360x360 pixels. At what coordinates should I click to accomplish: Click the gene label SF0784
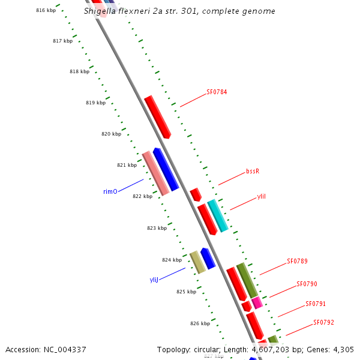(x=217, y=92)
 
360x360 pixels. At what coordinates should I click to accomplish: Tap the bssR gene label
(x=253, y=171)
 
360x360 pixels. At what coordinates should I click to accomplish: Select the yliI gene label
(x=261, y=196)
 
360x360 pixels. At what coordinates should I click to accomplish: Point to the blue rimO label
(x=110, y=192)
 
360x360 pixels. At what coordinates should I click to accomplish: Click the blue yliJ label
(x=154, y=280)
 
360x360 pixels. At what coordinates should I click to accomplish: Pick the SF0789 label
(x=297, y=261)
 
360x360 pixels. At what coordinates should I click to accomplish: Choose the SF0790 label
(x=307, y=284)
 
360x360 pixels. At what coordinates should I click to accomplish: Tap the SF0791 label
(x=316, y=304)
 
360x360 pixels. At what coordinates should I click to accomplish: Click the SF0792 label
(x=323, y=322)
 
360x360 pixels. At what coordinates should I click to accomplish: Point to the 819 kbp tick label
(x=95, y=103)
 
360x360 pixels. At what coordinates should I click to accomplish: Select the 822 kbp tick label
(x=142, y=196)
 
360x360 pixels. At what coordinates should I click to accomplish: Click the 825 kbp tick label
(x=186, y=292)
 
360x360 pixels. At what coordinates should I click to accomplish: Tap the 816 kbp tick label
(x=46, y=11)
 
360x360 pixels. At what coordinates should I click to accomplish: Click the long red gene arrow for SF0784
(x=158, y=116)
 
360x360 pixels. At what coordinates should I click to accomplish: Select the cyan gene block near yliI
(x=218, y=216)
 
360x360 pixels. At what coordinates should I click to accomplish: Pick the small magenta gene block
(x=257, y=302)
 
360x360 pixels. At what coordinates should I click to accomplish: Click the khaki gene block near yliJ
(x=197, y=262)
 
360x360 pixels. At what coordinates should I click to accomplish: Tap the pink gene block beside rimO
(x=155, y=173)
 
